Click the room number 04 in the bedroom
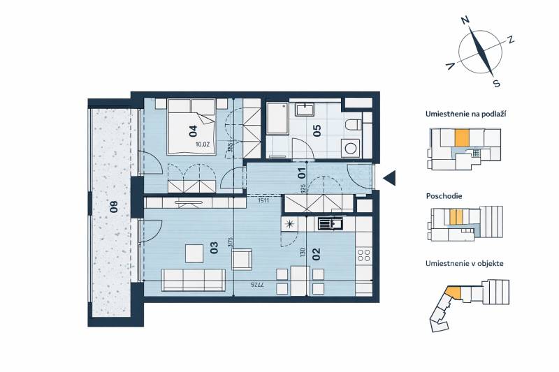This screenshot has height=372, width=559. pyautogui.click(x=192, y=129)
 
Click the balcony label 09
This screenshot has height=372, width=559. pyautogui.click(x=111, y=207)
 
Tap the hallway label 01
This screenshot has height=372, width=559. pyautogui.click(x=303, y=169)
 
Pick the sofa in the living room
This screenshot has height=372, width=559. pyautogui.click(x=194, y=280)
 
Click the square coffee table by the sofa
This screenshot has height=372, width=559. pyautogui.click(x=193, y=251)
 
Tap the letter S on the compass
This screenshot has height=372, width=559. pyautogui.click(x=496, y=84)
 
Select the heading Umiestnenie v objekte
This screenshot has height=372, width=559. pyautogui.click(x=465, y=264)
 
